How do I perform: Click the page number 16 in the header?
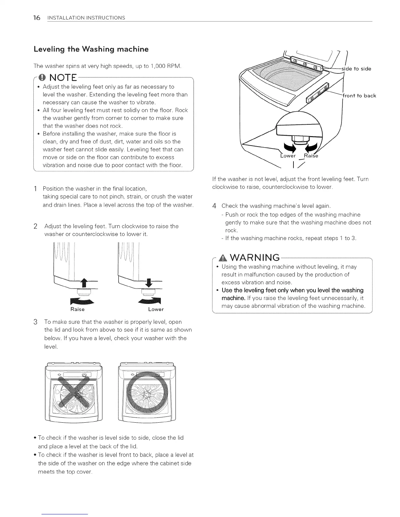pyautogui.click(x=37, y=17)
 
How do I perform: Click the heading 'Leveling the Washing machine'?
pyautogui.click(x=91, y=49)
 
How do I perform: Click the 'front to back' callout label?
pyautogui.click(x=359, y=96)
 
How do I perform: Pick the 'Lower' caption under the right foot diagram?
pyautogui.click(x=156, y=309)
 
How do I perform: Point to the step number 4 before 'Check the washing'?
pyautogui.click(x=214, y=206)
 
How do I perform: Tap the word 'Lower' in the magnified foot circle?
pyautogui.click(x=288, y=156)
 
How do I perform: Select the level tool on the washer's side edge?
pyautogui.click(x=317, y=94)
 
